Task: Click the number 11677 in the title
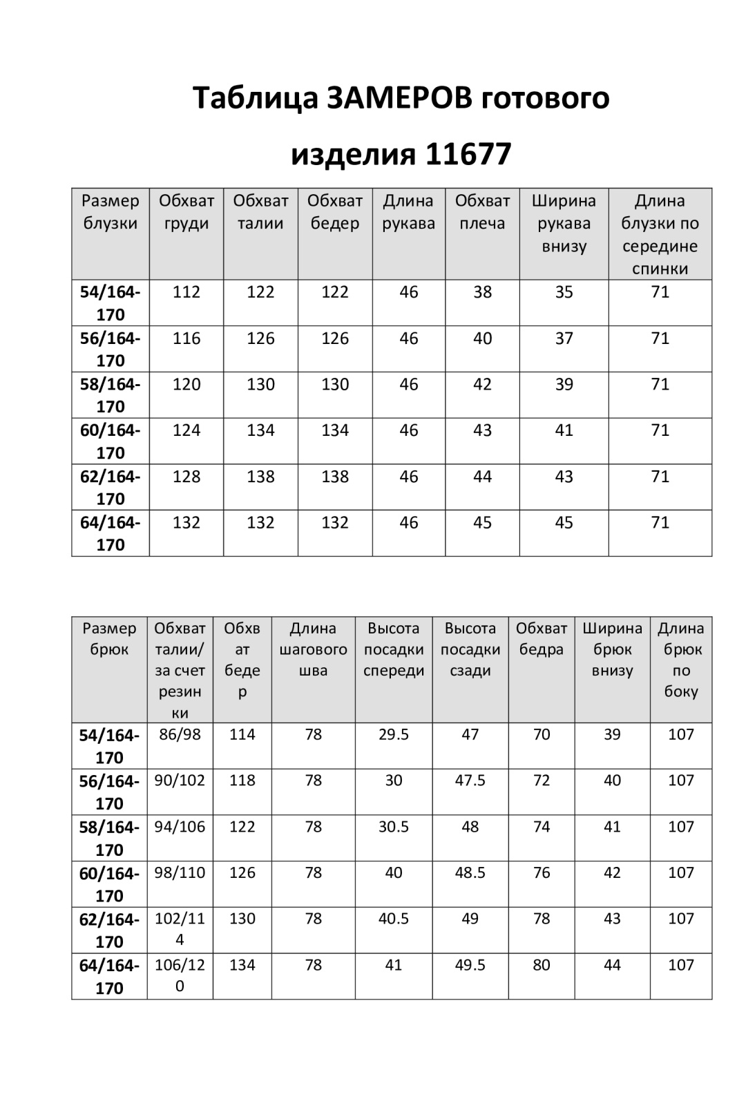click(468, 153)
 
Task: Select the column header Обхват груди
click(186, 212)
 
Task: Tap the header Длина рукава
click(408, 212)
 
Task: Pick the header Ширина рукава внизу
click(564, 223)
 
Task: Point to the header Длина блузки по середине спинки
click(660, 234)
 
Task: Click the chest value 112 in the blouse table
click(186, 292)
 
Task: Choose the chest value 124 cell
click(186, 430)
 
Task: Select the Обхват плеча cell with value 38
click(482, 292)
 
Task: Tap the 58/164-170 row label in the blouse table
click(111, 395)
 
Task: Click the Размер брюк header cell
click(109, 639)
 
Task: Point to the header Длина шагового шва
click(313, 649)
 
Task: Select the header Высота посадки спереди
click(394, 649)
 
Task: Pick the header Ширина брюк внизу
click(612, 649)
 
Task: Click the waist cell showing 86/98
click(180, 734)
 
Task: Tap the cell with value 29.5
click(394, 734)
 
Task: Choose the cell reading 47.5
click(470, 781)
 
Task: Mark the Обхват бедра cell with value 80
click(542, 965)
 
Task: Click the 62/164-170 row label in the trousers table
click(109, 930)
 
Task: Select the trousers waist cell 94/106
click(180, 827)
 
